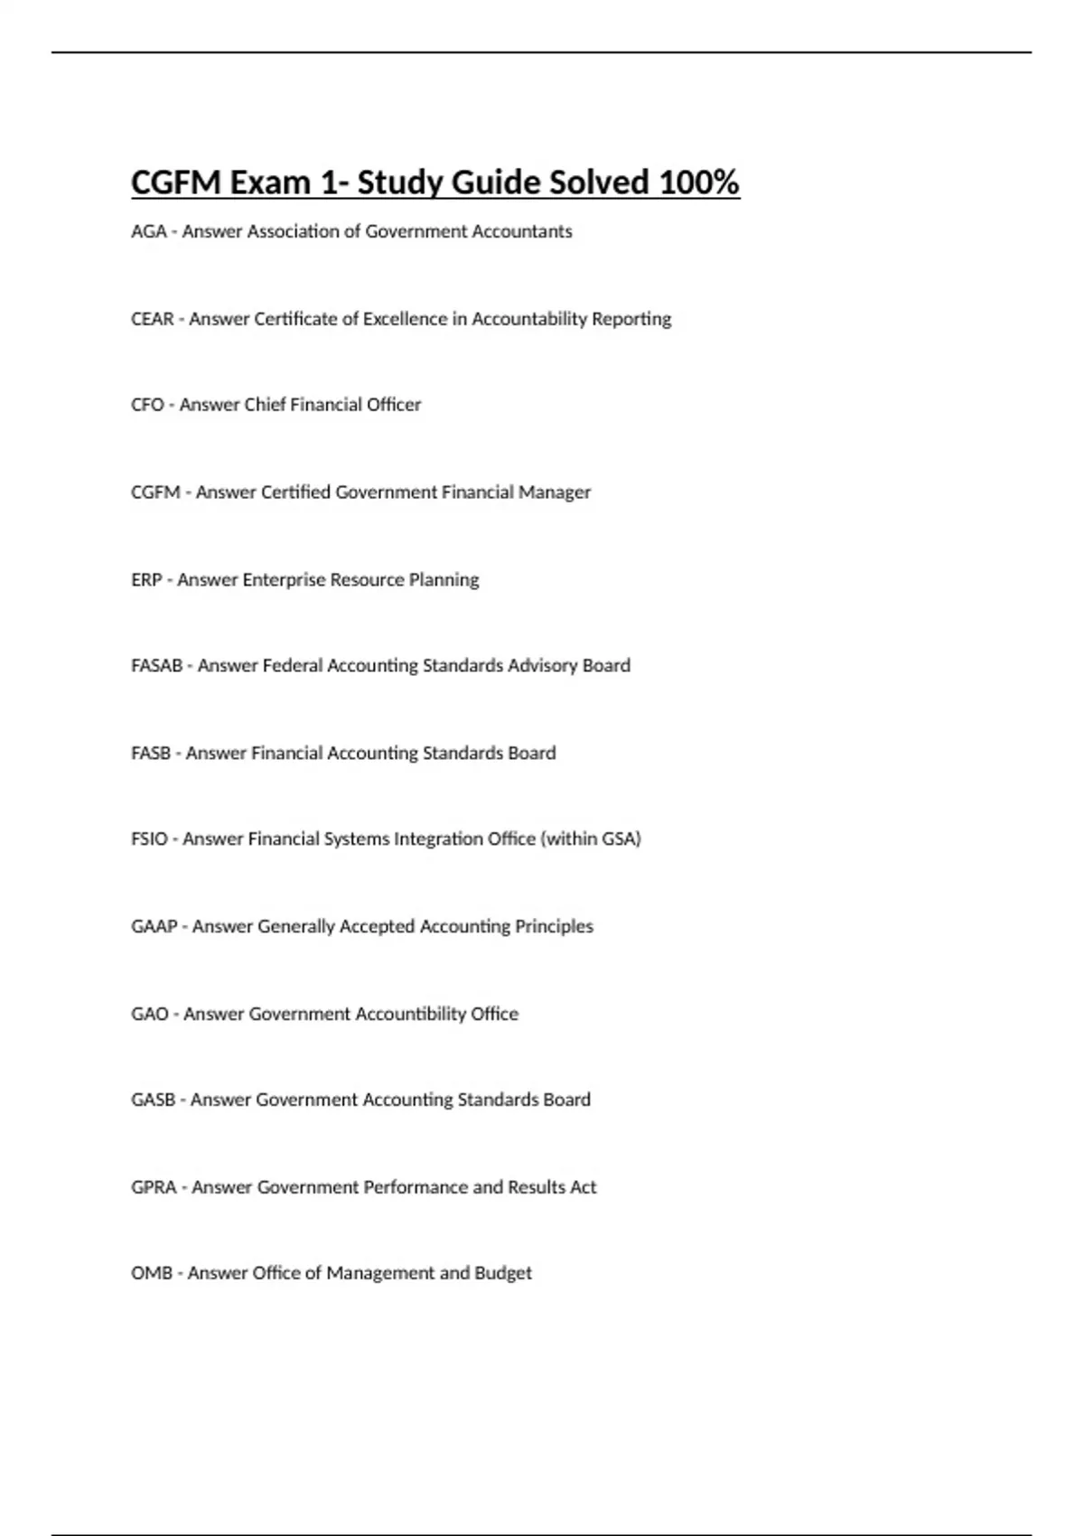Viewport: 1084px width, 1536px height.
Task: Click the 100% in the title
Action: pos(699,183)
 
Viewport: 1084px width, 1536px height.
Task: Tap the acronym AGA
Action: pos(148,231)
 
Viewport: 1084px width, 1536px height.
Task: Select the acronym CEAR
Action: pos(153,319)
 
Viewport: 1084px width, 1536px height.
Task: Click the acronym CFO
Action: pos(147,405)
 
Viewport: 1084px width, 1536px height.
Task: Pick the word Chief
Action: pos(266,405)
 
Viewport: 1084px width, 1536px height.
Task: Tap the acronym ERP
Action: pos(146,580)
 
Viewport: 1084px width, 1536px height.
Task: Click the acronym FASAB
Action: pos(156,666)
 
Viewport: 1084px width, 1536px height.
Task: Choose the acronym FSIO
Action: pos(149,839)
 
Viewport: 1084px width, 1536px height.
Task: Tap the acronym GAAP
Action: pos(154,927)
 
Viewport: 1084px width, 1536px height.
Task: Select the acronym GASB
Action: pos(153,1100)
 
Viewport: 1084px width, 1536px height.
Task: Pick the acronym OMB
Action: pos(151,1273)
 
